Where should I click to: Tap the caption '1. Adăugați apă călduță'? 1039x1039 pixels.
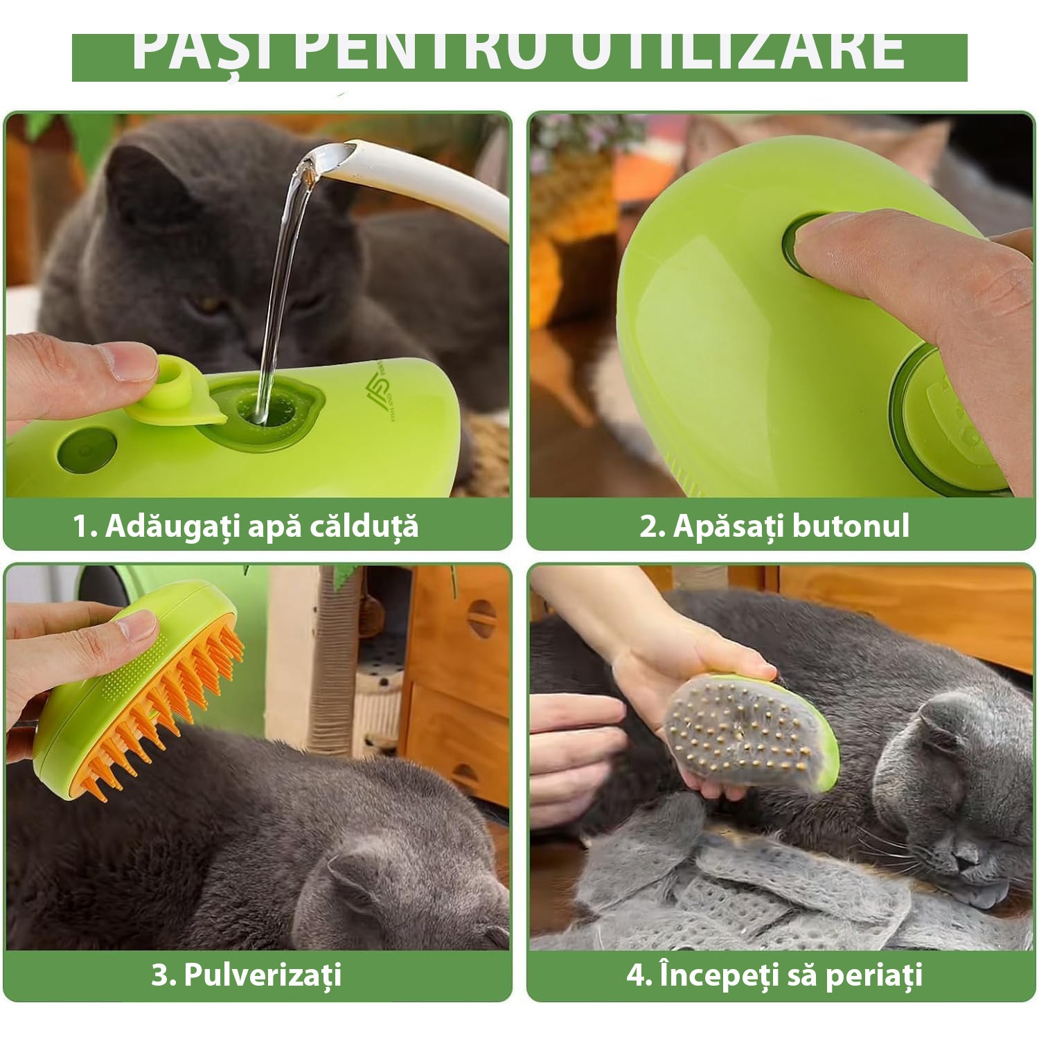246,526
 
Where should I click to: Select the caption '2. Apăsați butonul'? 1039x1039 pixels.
774,526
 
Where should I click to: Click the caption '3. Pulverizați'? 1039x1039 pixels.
247,975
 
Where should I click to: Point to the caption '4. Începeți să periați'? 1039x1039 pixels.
774,975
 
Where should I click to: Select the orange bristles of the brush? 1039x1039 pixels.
166,713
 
